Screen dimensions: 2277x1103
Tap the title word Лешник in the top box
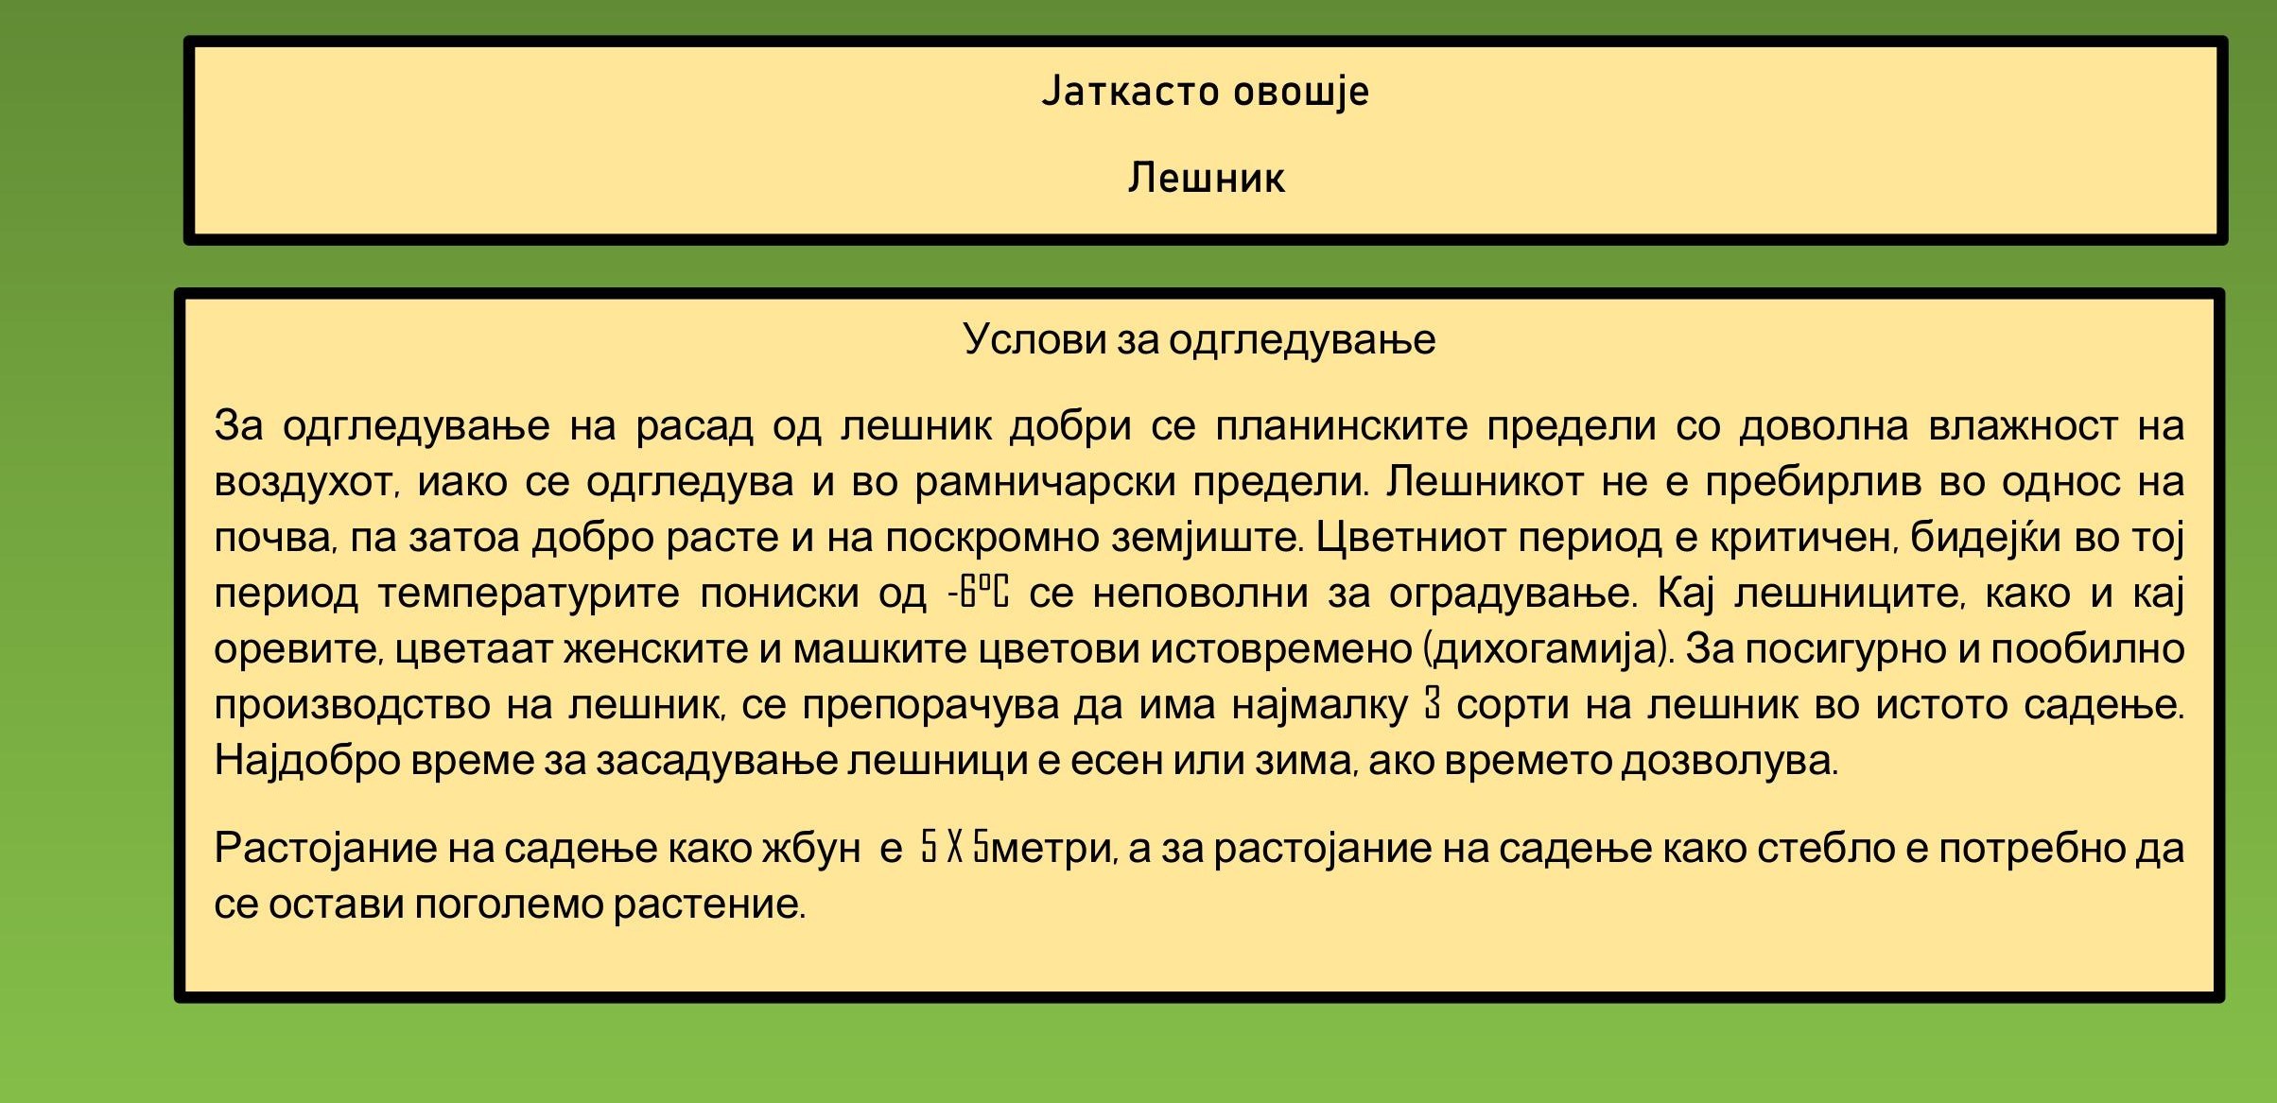1206,178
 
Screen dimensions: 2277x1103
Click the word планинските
1341,425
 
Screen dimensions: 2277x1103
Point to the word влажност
2023,425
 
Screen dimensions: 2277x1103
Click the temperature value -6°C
979,593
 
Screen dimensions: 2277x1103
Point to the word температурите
529,595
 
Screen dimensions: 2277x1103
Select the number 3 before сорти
1433,704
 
